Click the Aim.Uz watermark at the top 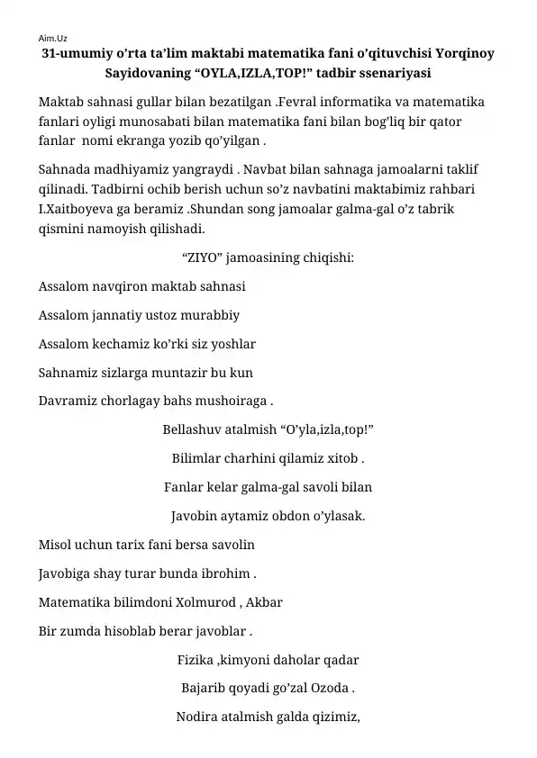[53, 39]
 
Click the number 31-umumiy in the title [79, 54]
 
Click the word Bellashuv [192, 429]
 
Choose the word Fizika [196, 660]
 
